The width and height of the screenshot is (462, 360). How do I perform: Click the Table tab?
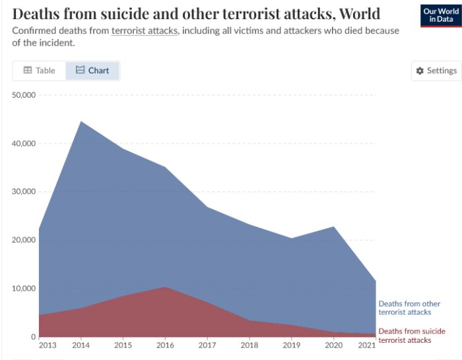tap(39, 71)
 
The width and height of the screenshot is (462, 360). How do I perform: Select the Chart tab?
tap(92, 71)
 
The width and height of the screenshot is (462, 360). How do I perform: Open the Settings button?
tap(436, 71)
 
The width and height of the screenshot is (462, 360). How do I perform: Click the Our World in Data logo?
tap(440, 16)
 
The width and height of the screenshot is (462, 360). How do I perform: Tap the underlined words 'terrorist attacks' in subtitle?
tap(145, 31)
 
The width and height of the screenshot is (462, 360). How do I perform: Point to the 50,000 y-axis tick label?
tap(25, 95)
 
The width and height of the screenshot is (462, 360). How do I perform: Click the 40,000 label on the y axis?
tap(25, 143)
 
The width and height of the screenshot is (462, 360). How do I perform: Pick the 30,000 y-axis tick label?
tap(25, 192)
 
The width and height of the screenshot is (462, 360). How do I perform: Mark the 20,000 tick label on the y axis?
tap(25, 240)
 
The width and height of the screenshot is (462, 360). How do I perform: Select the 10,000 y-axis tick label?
tap(25, 289)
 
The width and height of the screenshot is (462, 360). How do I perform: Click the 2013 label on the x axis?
tap(48, 345)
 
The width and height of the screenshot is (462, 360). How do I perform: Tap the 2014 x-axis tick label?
tap(81, 345)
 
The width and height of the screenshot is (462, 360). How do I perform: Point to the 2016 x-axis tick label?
tap(165, 345)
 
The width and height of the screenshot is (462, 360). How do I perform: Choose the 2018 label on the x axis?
tap(249, 345)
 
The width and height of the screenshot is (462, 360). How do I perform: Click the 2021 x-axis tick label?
tap(366, 345)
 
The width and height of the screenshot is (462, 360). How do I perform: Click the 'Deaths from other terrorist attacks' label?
tap(409, 308)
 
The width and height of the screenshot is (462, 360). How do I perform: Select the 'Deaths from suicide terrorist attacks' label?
tap(411, 336)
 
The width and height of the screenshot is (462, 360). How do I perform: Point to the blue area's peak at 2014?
tap(81, 122)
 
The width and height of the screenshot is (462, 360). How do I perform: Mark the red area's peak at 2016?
tap(165, 287)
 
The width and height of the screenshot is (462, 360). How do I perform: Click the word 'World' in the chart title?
tap(359, 13)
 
